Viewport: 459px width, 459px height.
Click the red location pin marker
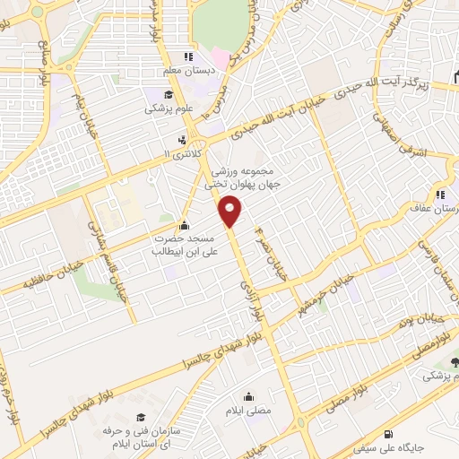coord(231,212)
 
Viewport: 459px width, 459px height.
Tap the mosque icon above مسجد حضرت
coord(185,225)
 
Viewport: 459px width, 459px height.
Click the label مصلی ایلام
coord(249,413)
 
